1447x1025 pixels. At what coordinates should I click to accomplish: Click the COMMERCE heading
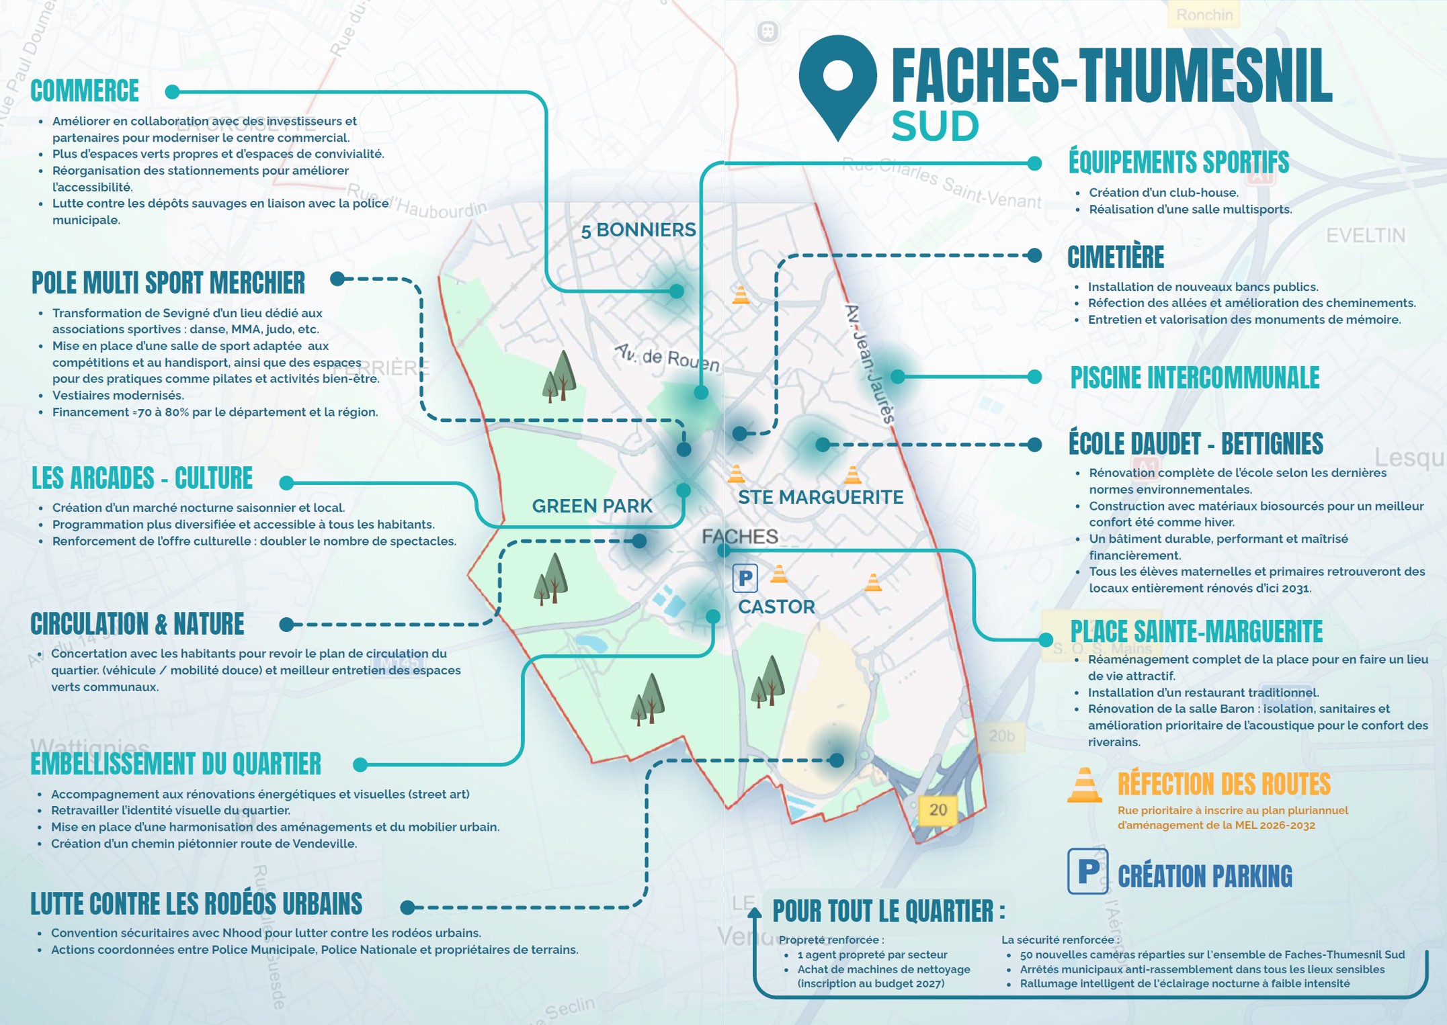pyautogui.click(x=85, y=91)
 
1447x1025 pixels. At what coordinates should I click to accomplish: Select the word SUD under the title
pyautogui.click(x=935, y=126)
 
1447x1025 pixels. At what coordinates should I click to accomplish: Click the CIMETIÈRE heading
pyautogui.click(x=1116, y=257)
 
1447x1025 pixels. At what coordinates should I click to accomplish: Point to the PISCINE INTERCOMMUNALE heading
pyautogui.click(x=1194, y=378)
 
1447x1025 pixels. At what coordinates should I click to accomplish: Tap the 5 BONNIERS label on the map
pyautogui.click(x=638, y=230)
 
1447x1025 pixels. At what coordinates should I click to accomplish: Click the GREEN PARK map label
pyautogui.click(x=591, y=506)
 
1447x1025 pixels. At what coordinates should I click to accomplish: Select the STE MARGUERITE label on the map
pyautogui.click(x=820, y=498)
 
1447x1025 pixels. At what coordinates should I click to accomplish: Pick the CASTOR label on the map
pyautogui.click(x=776, y=607)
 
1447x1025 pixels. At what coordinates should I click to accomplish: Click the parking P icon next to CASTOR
pyautogui.click(x=745, y=578)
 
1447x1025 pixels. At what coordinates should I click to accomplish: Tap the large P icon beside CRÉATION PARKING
pyautogui.click(x=1087, y=871)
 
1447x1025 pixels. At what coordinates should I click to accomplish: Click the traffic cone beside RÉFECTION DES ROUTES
pyautogui.click(x=1084, y=785)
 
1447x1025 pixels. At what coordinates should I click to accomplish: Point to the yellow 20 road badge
pyautogui.click(x=938, y=810)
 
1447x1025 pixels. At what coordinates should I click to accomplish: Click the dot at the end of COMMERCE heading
pyautogui.click(x=172, y=92)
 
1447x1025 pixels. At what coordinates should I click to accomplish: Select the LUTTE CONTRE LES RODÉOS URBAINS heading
pyautogui.click(x=196, y=905)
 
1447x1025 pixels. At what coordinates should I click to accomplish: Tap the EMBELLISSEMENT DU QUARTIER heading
pyautogui.click(x=176, y=764)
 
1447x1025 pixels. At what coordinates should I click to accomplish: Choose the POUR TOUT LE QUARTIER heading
pyautogui.click(x=888, y=911)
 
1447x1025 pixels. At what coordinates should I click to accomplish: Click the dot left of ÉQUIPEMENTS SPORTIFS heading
pyautogui.click(x=1034, y=163)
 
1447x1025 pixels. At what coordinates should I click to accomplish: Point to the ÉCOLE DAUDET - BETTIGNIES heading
pyautogui.click(x=1196, y=444)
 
